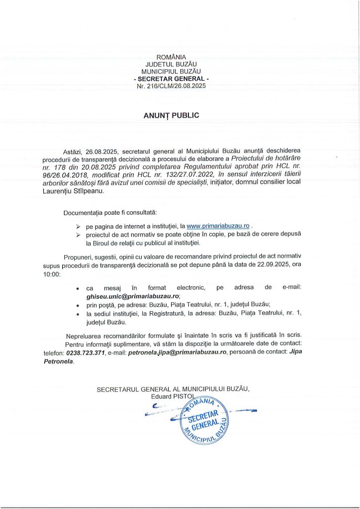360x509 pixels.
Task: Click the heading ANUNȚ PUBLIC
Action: click(171, 115)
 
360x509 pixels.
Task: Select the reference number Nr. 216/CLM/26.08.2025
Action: click(171, 86)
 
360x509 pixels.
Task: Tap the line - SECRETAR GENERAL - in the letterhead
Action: click(171, 79)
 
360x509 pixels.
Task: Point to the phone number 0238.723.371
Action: click(86, 352)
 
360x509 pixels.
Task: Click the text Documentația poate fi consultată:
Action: click(110, 213)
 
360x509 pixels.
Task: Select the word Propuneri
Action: click(79, 256)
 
